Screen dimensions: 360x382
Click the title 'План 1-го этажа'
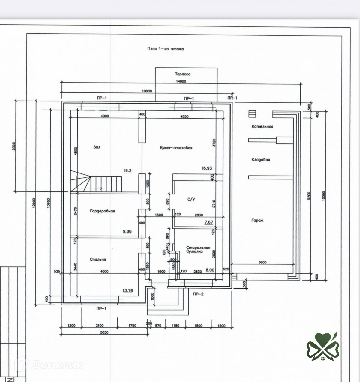[x=165, y=49]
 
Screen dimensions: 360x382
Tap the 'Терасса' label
[x=183, y=74]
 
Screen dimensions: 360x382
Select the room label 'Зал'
[x=97, y=147]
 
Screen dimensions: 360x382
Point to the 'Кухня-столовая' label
[x=176, y=148]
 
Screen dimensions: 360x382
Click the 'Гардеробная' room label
[x=102, y=211]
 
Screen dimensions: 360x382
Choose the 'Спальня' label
[x=98, y=260]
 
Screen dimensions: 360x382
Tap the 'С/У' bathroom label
[x=191, y=199]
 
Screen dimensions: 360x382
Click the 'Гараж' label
[x=257, y=220]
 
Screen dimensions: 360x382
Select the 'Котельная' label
[x=262, y=127]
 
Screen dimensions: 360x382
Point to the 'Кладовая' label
[x=260, y=160]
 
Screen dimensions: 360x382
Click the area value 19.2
[x=127, y=170]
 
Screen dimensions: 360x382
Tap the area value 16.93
[x=207, y=168]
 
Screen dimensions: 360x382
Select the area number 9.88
[x=127, y=231]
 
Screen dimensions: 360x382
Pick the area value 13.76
[x=127, y=290]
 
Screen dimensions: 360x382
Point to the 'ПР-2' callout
[x=198, y=294]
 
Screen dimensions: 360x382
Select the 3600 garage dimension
[x=262, y=262]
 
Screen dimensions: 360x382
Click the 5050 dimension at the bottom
[x=104, y=332]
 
